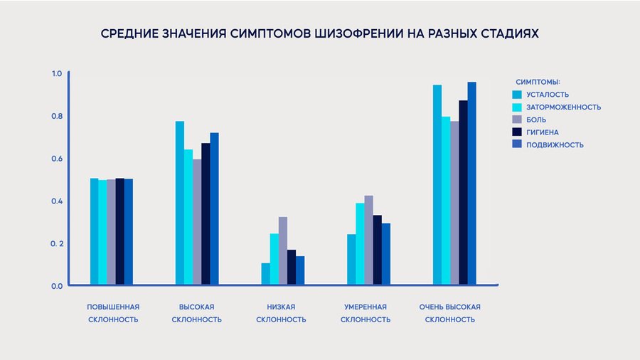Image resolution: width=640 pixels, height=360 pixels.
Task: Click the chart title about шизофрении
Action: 320,33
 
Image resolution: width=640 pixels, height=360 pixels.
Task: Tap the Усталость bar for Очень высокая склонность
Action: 437,185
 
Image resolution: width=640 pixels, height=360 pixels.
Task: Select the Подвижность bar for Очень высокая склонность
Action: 471,184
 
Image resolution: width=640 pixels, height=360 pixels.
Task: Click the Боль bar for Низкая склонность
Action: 282,251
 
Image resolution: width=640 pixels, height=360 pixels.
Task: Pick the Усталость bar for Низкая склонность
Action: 265,274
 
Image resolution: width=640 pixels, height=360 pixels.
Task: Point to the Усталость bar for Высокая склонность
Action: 180,203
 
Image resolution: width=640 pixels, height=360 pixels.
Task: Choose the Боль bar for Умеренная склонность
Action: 368,240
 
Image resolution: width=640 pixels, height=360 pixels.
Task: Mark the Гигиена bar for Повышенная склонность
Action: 120,232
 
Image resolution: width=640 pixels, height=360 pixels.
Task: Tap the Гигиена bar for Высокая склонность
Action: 206,214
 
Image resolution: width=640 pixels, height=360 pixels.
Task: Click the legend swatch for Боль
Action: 518,120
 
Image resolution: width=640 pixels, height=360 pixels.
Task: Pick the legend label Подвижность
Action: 555,145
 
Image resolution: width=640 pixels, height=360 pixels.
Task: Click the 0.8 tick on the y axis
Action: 56,116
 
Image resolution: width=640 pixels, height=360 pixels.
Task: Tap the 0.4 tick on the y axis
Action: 56,201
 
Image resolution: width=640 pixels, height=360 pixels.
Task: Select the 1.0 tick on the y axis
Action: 56,74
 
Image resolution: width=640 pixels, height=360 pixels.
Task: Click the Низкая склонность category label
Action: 281,313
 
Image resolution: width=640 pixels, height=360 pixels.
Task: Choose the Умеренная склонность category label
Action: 366,313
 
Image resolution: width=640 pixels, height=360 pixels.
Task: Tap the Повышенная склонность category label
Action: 113,313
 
